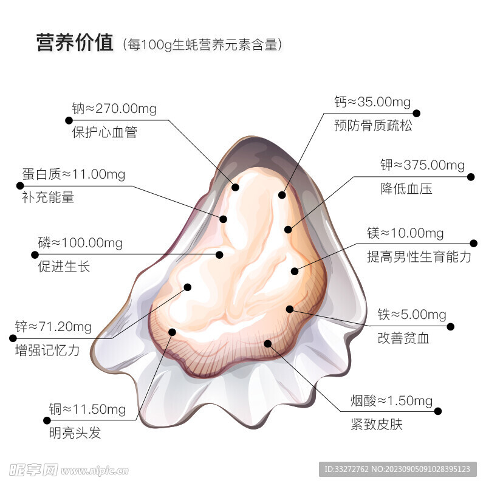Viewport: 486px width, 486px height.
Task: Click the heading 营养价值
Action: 75,43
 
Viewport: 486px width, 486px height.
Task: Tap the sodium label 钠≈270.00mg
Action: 114,109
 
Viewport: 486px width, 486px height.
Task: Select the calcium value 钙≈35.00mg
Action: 372,102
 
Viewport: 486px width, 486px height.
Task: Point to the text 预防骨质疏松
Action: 373,126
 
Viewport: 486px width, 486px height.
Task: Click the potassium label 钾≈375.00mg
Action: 422,165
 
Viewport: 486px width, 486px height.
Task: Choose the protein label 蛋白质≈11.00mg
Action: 74,174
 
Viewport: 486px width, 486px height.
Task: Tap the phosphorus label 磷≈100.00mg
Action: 80,243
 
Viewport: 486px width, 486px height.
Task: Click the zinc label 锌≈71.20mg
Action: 53,327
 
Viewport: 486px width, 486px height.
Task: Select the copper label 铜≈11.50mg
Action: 87,409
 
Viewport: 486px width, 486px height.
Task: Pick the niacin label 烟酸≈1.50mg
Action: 391,401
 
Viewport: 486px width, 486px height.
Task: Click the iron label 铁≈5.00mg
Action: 412,315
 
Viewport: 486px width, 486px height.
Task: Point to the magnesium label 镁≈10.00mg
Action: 405,233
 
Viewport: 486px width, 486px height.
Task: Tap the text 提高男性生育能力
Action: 419,256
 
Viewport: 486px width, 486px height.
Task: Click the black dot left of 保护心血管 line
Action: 69,120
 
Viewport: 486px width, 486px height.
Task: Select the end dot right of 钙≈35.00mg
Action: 417,114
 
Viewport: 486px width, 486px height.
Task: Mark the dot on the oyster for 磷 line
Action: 219,255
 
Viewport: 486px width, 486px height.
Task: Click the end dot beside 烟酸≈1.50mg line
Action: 438,411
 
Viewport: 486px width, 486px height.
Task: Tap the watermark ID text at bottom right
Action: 397,469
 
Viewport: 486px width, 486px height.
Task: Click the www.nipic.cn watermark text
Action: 95,471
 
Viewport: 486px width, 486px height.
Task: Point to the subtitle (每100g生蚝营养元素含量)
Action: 202,44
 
